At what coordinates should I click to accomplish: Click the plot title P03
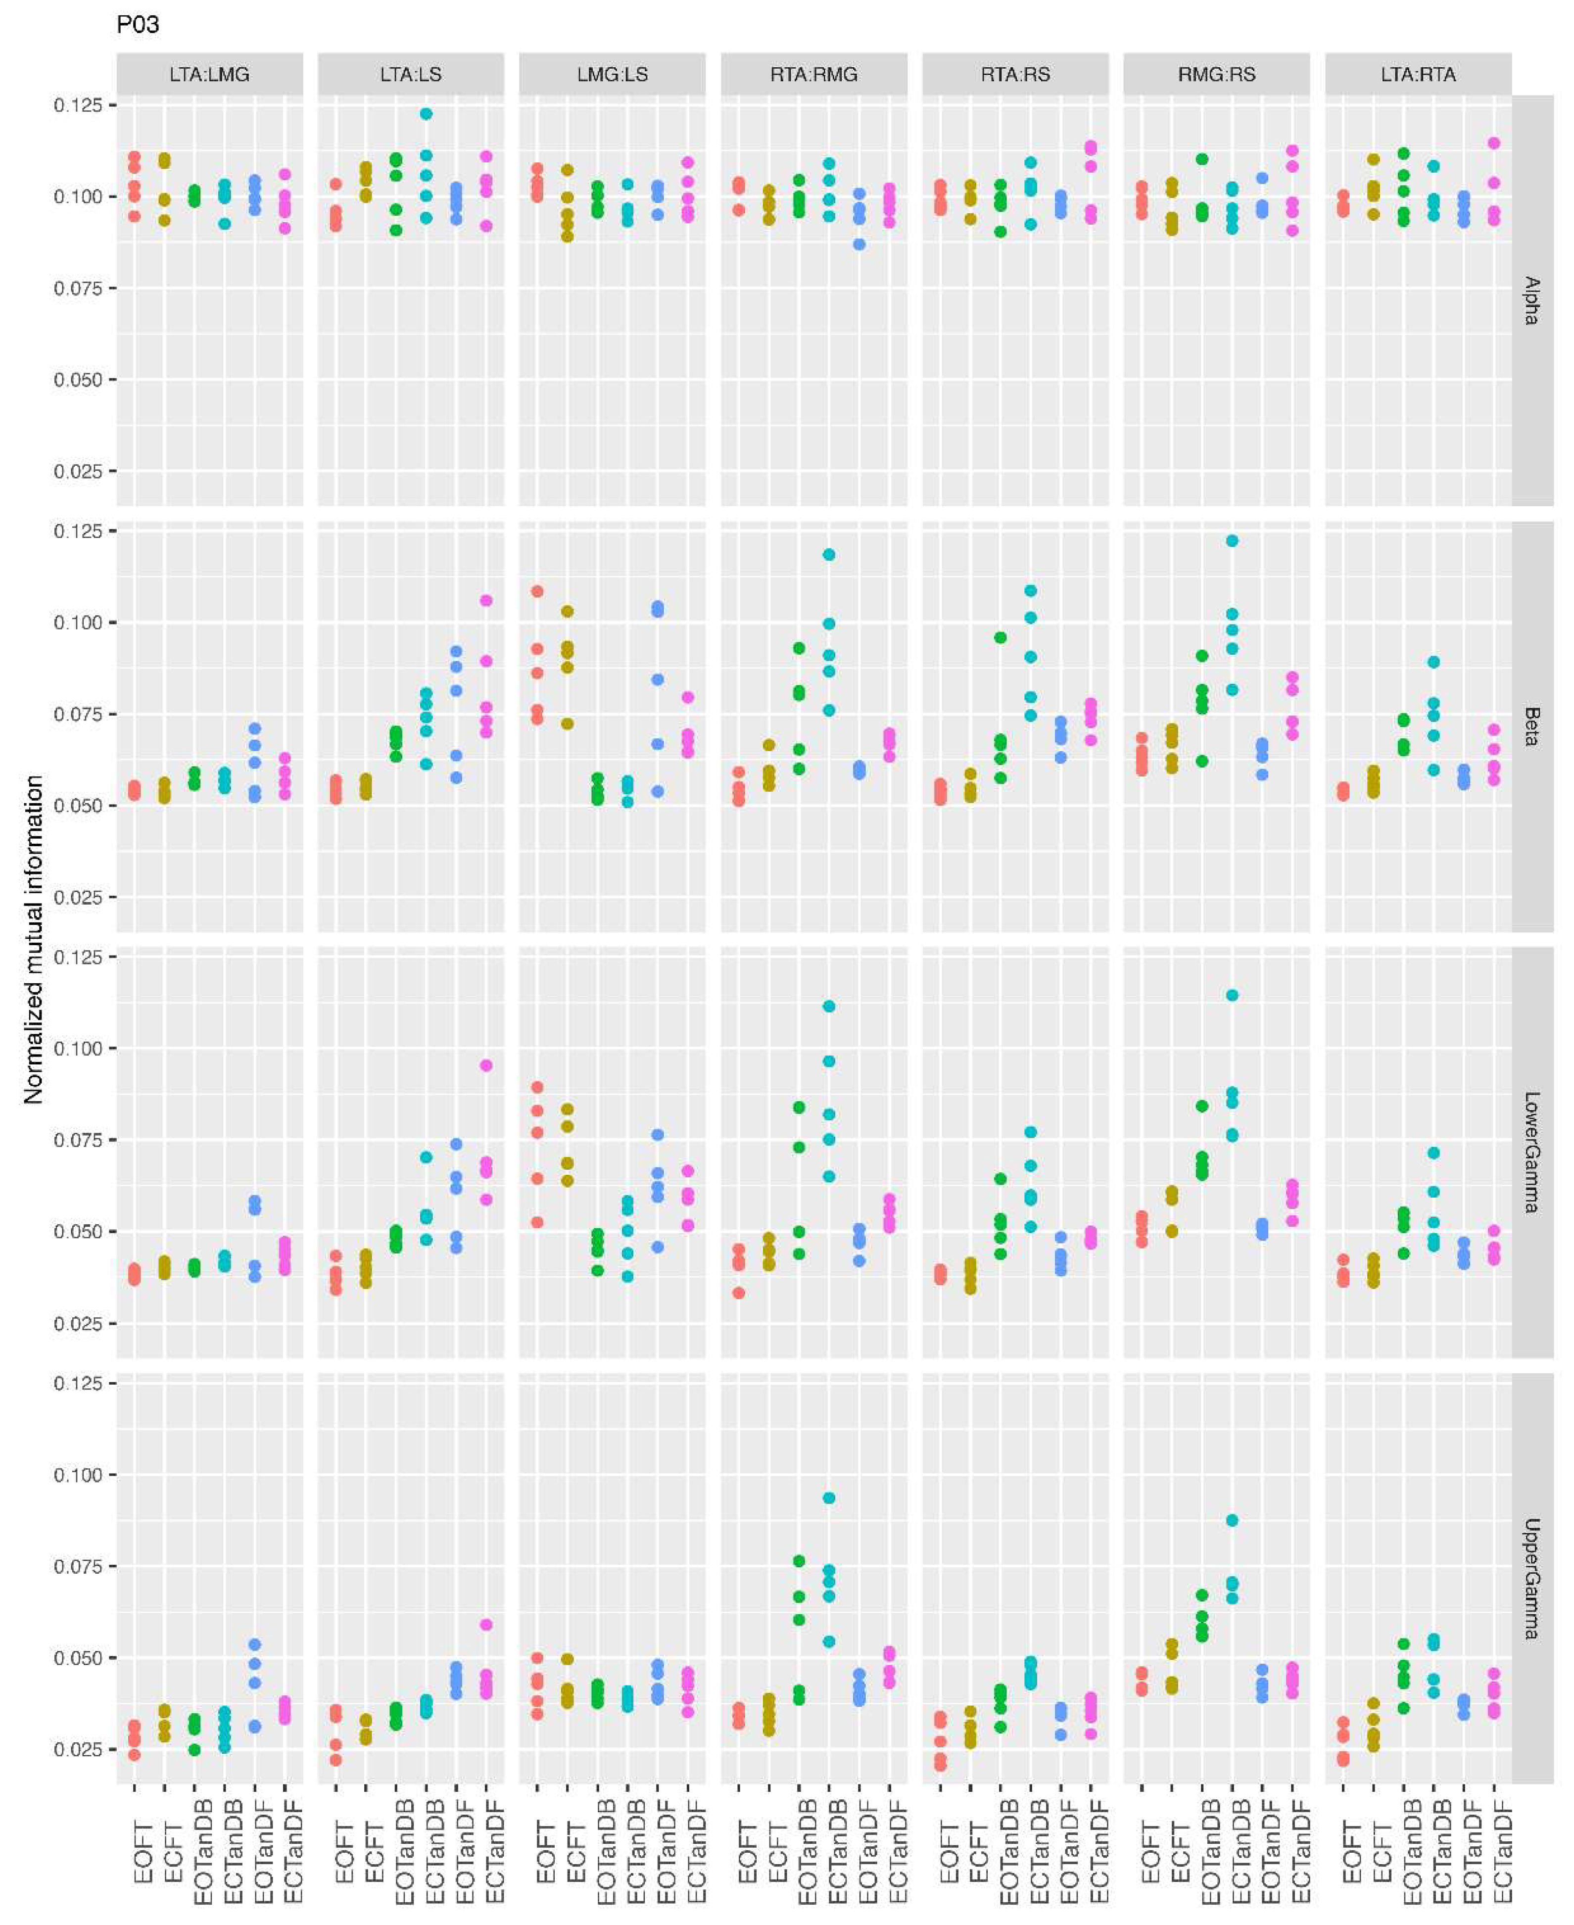138,24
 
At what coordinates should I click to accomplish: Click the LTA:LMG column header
209,74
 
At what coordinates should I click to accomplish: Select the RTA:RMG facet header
813,74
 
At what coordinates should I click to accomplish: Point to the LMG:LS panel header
612,74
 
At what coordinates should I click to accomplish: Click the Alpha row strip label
1531,300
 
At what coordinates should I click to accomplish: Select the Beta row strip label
1531,726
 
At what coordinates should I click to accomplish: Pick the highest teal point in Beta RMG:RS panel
1231,541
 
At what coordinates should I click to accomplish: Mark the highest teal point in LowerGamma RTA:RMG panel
829,1007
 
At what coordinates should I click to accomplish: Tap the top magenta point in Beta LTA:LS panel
486,600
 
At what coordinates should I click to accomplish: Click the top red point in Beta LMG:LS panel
537,591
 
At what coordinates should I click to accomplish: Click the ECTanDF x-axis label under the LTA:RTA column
1501,1850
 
